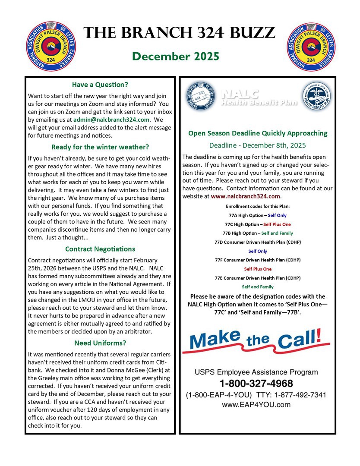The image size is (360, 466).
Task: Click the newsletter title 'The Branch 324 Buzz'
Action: pos(179,33)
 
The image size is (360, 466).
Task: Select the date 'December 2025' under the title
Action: pos(176,57)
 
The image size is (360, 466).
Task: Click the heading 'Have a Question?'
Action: pos(100,85)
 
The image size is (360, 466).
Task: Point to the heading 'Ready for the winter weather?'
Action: pos(100,147)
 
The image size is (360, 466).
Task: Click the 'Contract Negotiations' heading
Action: pos(100,249)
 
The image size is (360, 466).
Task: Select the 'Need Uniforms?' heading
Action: pos(100,343)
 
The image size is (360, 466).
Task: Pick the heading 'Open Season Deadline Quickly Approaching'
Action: pos(258,133)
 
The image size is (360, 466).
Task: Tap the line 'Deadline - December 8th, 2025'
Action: pos(258,145)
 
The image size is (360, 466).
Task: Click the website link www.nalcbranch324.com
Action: pos(245,196)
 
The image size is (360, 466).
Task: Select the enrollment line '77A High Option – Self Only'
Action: pos(258,215)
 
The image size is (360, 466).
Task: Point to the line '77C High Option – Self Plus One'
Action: pos(258,224)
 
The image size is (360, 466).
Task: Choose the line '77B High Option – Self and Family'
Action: pos(258,233)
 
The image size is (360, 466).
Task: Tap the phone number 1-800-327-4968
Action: pos(256,383)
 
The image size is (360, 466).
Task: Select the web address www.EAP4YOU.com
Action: pos(256,405)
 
